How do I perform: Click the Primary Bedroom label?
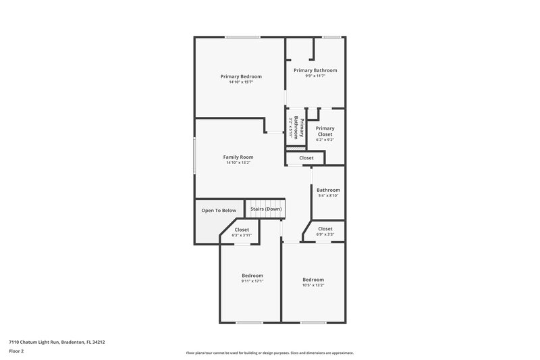(241, 76)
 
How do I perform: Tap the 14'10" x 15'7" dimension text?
(241, 82)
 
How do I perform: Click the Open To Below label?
(219, 210)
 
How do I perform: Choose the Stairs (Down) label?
(266, 209)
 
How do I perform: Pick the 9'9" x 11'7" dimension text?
(315, 76)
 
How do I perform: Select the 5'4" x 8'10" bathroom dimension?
(328, 196)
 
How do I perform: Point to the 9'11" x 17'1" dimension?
(252, 281)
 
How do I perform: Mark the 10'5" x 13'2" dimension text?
(313, 285)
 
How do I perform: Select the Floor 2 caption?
(17, 351)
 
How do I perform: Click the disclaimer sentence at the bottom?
(270, 353)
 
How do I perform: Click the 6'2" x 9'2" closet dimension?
(325, 140)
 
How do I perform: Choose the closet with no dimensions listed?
(306, 158)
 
